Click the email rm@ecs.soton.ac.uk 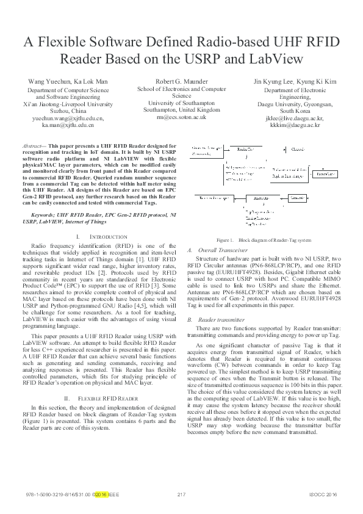[181, 117]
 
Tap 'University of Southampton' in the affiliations [181, 103]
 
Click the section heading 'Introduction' [108, 236]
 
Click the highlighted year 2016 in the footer [101, 494]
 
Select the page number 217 [181, 494]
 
